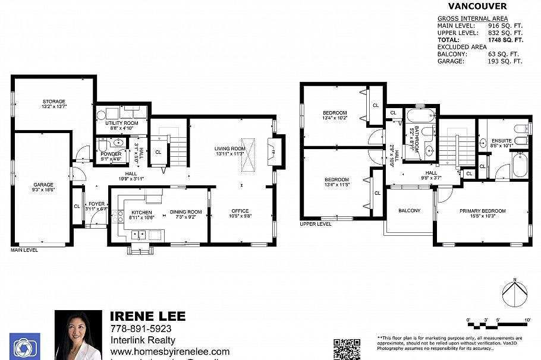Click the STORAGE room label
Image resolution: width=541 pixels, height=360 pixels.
(54, 102)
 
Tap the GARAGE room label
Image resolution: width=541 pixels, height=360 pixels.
(43, 185)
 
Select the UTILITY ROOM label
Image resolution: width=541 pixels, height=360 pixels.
(122, 122)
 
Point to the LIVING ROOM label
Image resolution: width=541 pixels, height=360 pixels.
(230, 149)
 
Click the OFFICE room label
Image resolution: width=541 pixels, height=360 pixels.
(240, 211)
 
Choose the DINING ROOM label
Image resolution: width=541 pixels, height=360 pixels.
(186, 212)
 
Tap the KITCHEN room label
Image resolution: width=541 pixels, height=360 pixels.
(141, 212)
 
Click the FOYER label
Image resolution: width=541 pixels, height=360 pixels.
(96, 204)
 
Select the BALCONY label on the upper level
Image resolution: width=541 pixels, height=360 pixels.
(409, 211)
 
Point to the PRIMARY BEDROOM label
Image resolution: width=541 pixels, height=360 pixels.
(482, 211)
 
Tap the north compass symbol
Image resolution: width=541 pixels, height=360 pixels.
(515, 293)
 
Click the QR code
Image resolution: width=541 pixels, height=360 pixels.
(347, 349)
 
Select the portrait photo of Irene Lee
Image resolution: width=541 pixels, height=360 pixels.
(78, 335)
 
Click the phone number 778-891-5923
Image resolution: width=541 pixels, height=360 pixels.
(141, 329)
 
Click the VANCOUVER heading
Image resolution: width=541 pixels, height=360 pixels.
(477, 7)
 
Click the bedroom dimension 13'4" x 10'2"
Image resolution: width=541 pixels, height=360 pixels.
(335, 118)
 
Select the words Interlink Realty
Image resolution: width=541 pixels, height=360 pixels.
(143, 340)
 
